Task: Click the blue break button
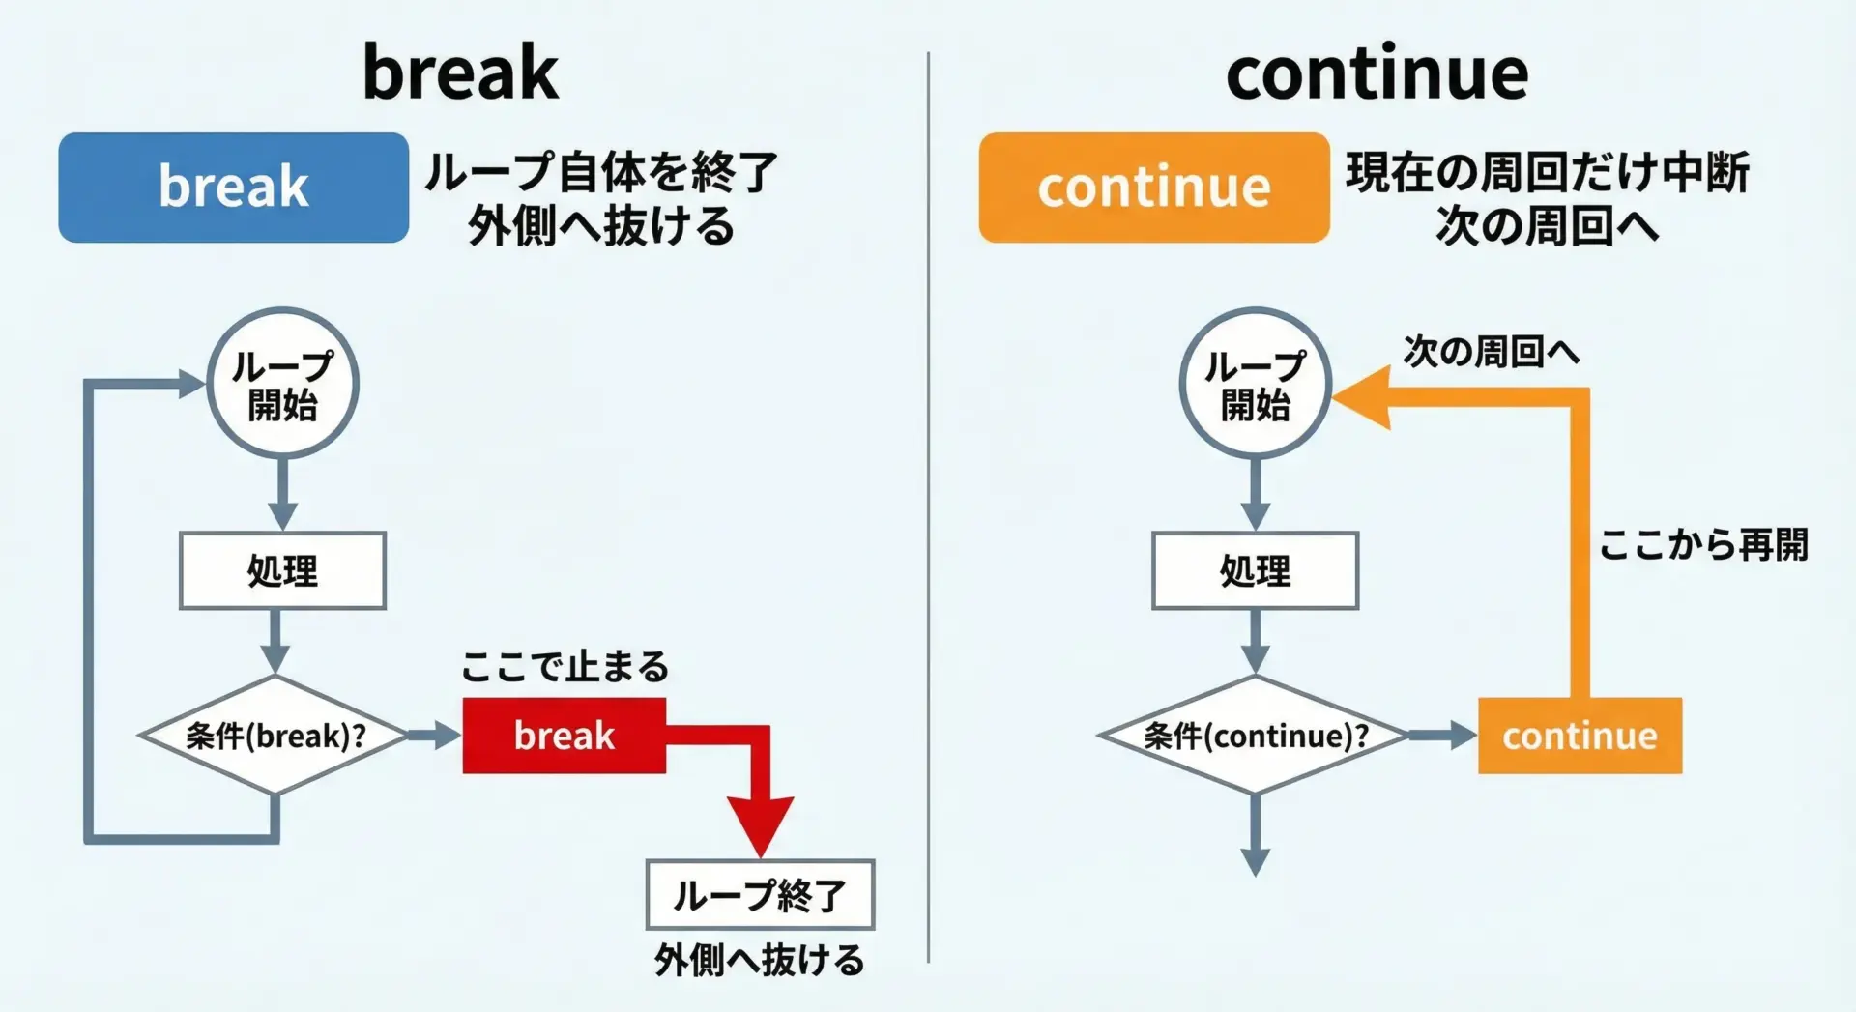(x=233, y=188)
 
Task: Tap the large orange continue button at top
(x=1154, y=188)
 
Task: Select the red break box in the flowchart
(x=565, y=736)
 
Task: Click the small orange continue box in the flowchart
(x=1580, y=736)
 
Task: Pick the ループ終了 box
(x=760, y=895)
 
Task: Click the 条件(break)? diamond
(x=275, y=736)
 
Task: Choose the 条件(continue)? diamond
(x=1255, y=736)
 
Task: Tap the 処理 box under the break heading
(x=282, y=570)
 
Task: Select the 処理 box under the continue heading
(x=1255, y=570)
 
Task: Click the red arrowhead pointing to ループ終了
(x=761, y=825)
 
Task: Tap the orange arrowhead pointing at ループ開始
(x=1362, y=397)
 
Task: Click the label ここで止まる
(x=565, y=667)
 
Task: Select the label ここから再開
(x=1703, y=545)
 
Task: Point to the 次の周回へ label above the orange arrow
(x=1492, y=352)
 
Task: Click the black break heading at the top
(x=460, y=72)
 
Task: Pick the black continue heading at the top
(x=1377, y=72)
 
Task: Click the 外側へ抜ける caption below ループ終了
(x=760, y=961)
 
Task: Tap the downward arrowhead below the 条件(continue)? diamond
(x=1255, y=862)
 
